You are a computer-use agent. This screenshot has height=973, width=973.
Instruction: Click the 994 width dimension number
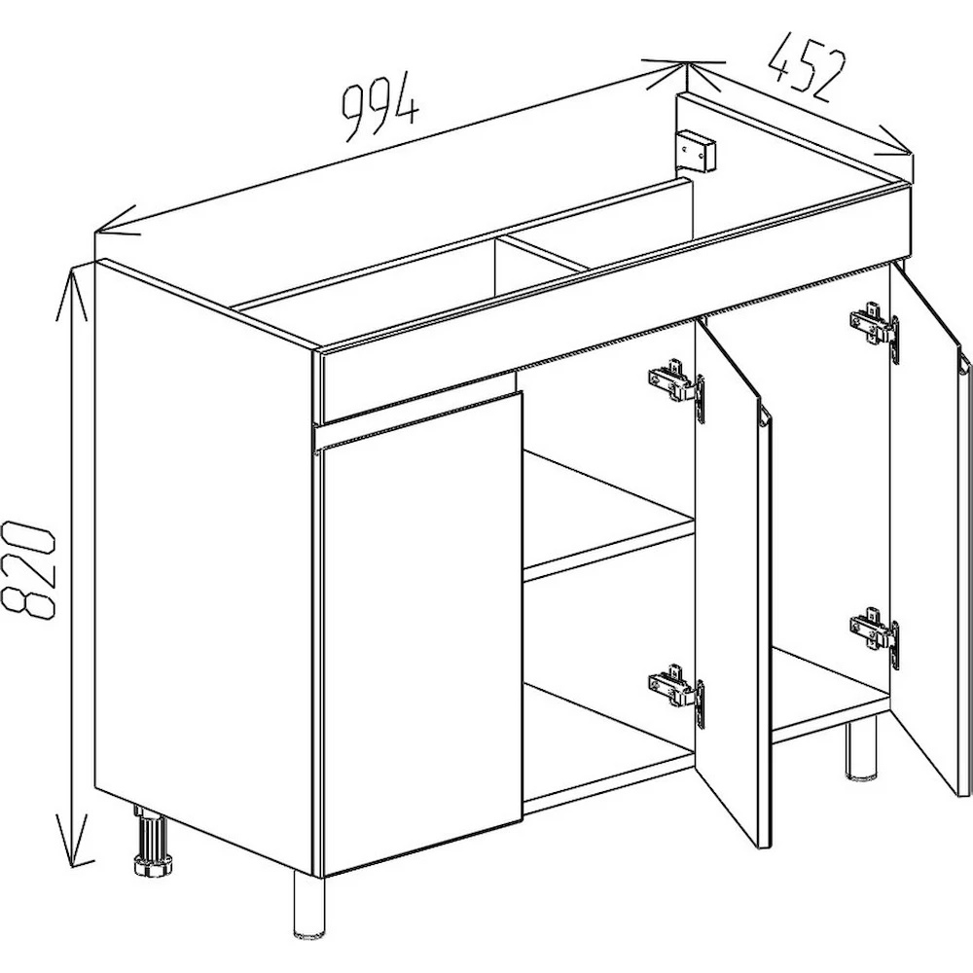click(380, 108)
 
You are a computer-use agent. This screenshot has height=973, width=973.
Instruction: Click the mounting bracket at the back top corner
click(698, 150)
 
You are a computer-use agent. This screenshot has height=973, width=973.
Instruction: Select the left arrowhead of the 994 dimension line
click(116, 225)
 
